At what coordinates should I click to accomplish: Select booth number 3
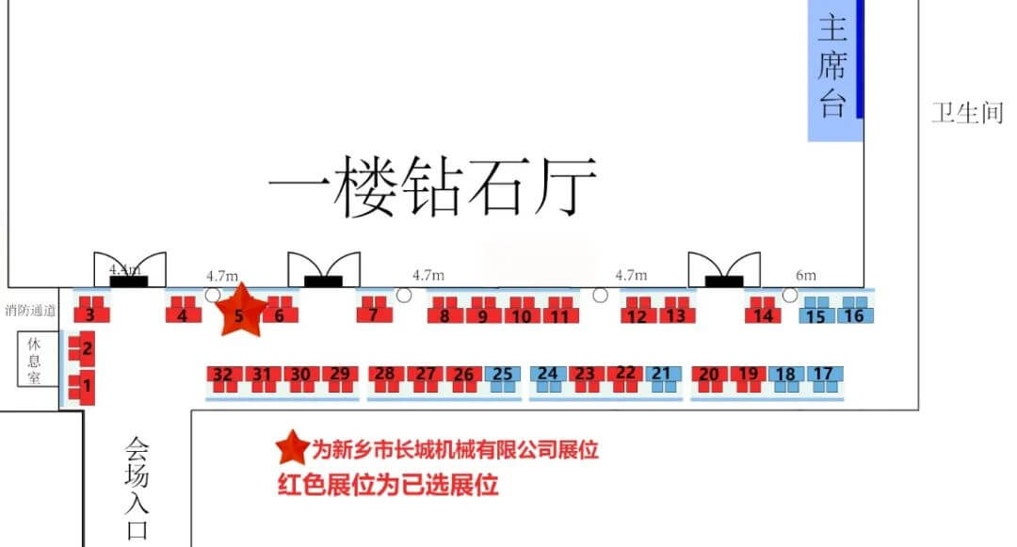click(x=90, y=314)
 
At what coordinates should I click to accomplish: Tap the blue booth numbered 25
click(x=503, y=376)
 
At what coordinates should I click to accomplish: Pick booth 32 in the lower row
click(x=223, y=376)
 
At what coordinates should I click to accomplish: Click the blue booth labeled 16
click(x=853, y=314)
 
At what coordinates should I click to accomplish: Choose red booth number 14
click(x=764, y=314)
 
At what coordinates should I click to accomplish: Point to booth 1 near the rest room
click(x=86, y=384)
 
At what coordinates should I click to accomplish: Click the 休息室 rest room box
click(x=34, y=359)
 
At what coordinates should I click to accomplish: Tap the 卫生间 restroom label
click(x=967, y=114)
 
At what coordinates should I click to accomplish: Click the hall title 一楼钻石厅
click(x=433, y=186)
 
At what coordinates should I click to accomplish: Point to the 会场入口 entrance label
click(x=137, y=487)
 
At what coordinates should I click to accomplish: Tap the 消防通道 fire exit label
click(x=30, y=310)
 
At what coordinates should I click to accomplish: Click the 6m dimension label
click(x=806, y=275)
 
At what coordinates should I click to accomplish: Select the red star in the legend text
click(x=292, y=447)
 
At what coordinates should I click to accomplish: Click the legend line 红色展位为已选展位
click(x=387, y=485)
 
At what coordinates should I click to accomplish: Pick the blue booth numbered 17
click(x=824, y=376)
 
